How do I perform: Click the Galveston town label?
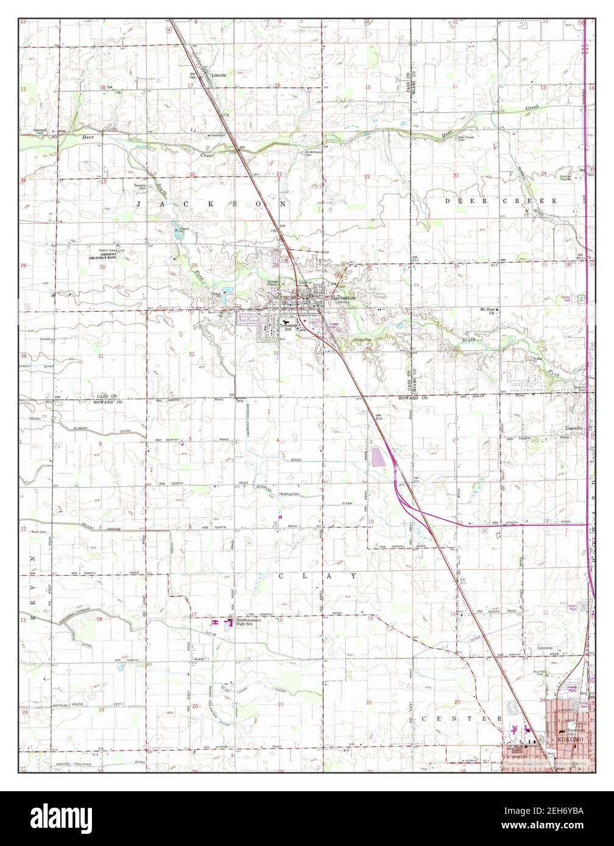click(344, 298)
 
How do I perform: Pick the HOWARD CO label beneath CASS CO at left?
click(108, 402)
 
